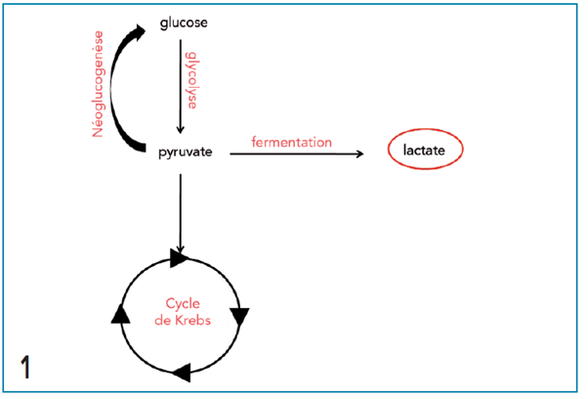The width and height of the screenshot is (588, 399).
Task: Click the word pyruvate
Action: [186, 153]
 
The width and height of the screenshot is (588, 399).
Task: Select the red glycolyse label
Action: [192, 77]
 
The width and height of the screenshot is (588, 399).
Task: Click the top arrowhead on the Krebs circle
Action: [179, 257]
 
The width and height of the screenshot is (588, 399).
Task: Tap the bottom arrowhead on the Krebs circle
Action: [181, 373]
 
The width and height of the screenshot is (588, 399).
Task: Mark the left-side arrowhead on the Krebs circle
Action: [121, 313]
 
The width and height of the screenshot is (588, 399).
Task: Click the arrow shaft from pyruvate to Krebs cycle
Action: [180, 205]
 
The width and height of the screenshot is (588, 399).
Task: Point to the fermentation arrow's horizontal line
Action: [293, 154]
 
